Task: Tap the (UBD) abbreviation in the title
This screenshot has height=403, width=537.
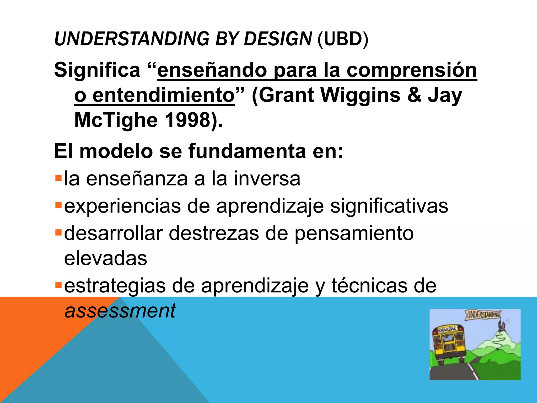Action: pyautogui.click(x=343, y=39)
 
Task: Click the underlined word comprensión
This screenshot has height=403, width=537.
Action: pyautogui.click(x=412, y=70)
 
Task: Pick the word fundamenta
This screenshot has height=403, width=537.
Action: pyautogui.click(x=247, y=151)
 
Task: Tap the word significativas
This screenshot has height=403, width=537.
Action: pyautogui.click(x=389, y=206)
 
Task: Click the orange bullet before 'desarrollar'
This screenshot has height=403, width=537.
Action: pyautogui.click(x=58, y=232)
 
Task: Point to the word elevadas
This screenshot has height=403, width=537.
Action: pyautogui.click(x=105, y=259)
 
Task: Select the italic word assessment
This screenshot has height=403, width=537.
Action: pyautogui.click(x=120, y=311)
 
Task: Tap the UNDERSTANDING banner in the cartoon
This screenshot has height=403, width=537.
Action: pyautogui.click(x=483, y=315)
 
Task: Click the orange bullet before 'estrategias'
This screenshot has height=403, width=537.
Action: pyautogui.click(x=58, y=285)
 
